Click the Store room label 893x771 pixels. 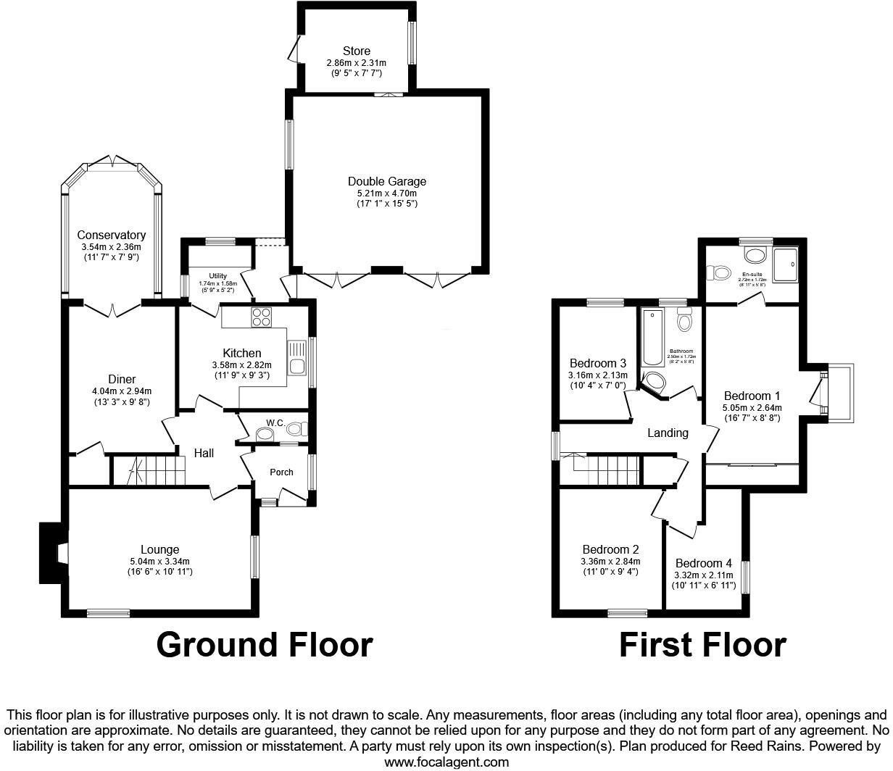pos(356,51)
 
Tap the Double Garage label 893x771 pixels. pos(386,182)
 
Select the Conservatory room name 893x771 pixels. pos(111,236)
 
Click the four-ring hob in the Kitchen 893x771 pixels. pos(260,317)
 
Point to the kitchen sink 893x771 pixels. pos(297,358)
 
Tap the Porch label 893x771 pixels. pos(281,472)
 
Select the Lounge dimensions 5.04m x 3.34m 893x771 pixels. pos(159,561)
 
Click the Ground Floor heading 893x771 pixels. pos(265,644)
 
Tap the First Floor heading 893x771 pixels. pos(702,644)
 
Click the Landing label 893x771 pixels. pos(667,433)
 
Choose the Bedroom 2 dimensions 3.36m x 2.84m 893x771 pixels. pos(610,561)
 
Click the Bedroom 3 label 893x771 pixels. pos(597,363)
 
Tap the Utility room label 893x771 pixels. pos(217,276)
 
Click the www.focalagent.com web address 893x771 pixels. pos(446,762)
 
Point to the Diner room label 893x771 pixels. pos(122,380)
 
